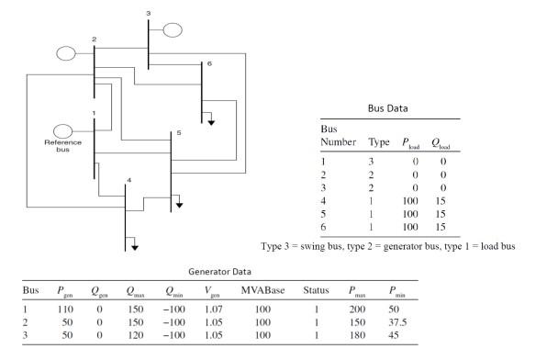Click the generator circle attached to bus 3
click(x=174, y=29)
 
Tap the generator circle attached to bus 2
click(x=65, y=53)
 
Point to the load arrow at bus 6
click(x=210, y=121)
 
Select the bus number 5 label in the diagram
click(x=179, y=134)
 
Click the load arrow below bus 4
click(x=134, y=245)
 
